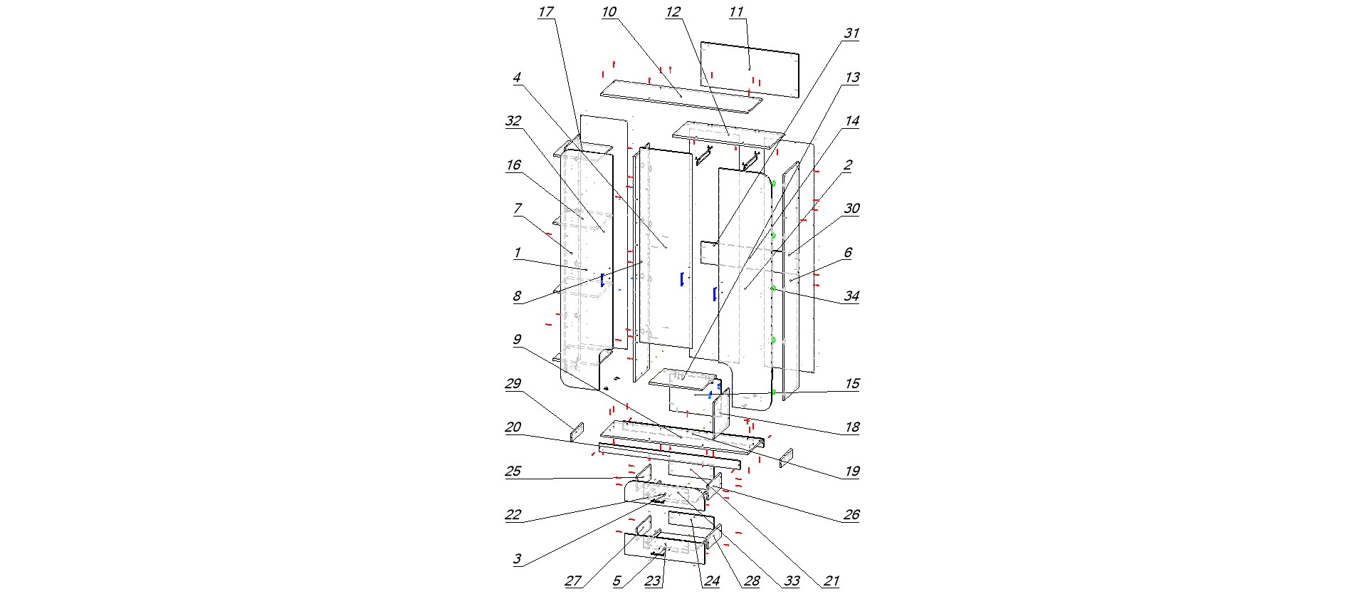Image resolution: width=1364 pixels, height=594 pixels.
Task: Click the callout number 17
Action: coord(546,12)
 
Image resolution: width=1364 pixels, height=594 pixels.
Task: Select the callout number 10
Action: coord(609,12)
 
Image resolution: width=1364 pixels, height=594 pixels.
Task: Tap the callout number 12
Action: coord(673,12)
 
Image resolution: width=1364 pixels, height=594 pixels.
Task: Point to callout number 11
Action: coord(736,12)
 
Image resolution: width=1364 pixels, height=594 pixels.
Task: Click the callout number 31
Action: coord(851,33)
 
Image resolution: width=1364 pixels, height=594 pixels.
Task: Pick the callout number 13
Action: coord(851,78)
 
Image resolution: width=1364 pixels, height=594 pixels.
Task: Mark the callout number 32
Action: coord(513,121)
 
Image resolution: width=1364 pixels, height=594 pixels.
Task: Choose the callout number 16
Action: coord(513,165)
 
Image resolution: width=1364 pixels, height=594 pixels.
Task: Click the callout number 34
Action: coord(851,296)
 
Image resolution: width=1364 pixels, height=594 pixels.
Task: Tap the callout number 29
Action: coord(513,384)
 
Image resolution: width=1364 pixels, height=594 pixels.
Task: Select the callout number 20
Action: coord(513,427)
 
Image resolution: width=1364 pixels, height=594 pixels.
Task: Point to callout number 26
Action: coord(851,515)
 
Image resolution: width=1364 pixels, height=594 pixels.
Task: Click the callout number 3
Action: coord(518,559)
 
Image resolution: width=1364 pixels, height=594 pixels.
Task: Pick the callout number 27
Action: coord(573,581)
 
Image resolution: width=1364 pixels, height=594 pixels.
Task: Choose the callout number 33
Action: coord(792,581)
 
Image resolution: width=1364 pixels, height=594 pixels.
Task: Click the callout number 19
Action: coord(851,471)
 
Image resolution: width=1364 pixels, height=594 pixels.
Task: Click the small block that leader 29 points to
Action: coord(577,432)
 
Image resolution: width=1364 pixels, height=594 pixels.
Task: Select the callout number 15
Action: coord(851,384)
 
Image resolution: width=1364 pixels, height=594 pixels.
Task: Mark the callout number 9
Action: coord(518,340)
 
